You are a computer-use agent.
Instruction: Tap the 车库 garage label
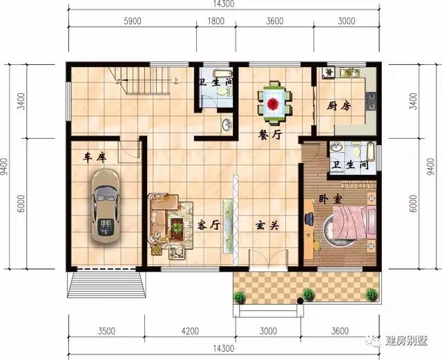click(95, 158)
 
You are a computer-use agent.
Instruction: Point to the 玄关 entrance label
click(264, 225)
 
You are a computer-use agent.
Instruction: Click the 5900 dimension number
click(132, 21)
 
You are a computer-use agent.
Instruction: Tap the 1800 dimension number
click(215, 21)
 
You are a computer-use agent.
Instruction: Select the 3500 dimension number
click(106, 331)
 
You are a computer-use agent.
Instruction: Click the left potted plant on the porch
click(240, 297)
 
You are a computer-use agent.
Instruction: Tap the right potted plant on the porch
click(372, 295)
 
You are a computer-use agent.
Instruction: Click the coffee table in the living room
click(177, 226)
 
